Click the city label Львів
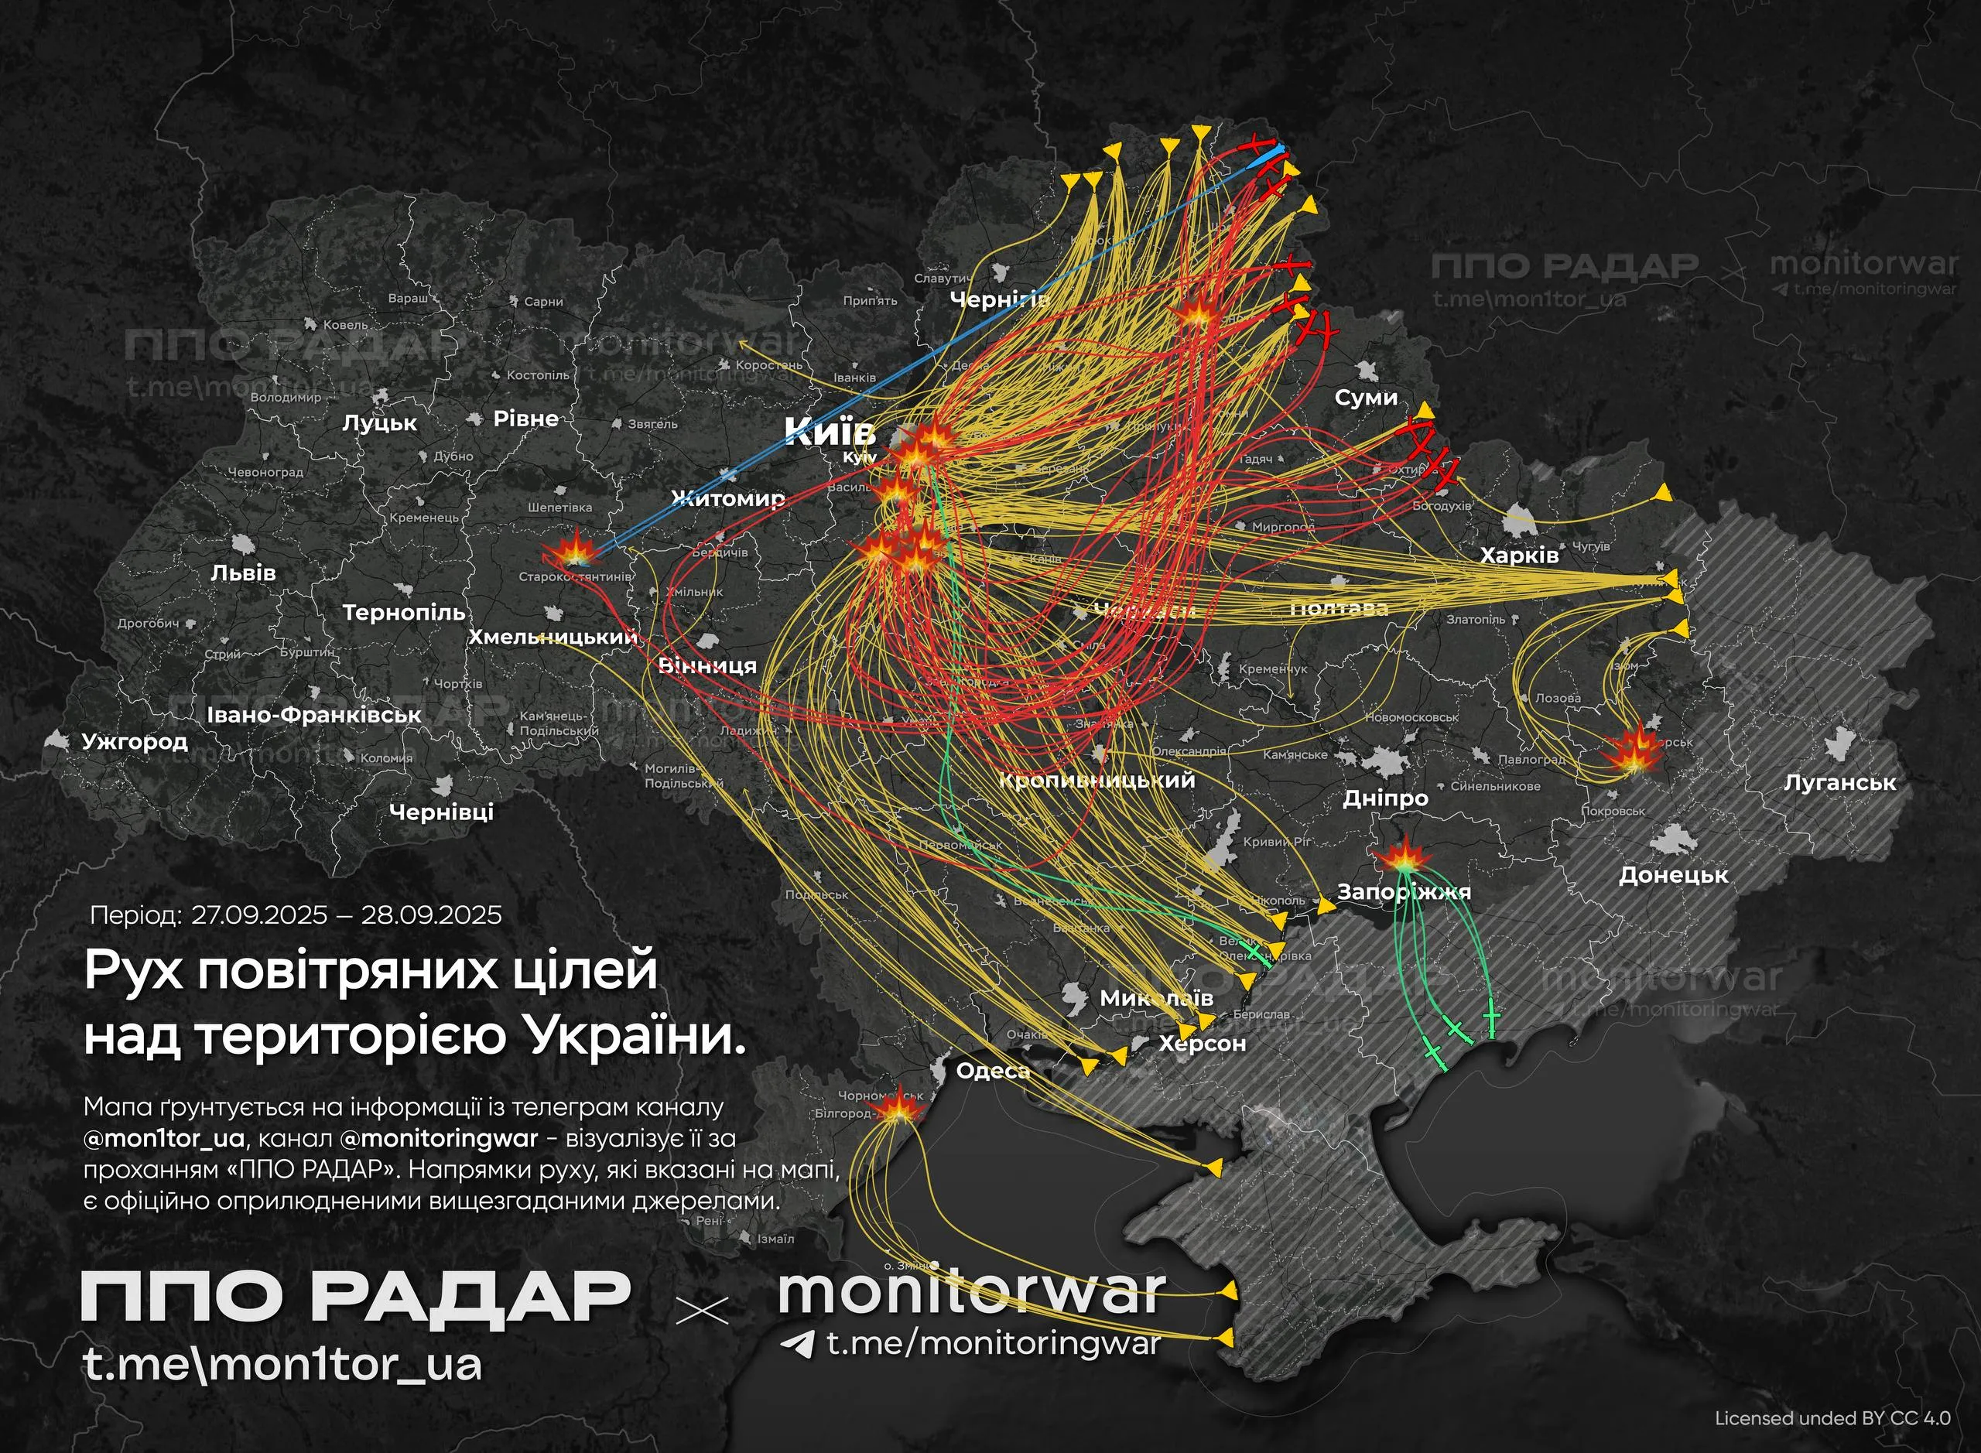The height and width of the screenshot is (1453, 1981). coord(244,573)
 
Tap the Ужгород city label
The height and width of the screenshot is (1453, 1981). coord(135,741)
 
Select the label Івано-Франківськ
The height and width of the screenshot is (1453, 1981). coord(314,715)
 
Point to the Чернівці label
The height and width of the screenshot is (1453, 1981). coord(442,812)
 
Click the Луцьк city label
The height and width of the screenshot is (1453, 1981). coord(379,423)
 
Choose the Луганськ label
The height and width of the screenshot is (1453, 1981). coord(1839,783)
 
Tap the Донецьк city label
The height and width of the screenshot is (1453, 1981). coord(1673,875)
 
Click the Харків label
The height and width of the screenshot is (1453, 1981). coord(1519,556)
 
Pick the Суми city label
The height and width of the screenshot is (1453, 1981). coord(1366,398)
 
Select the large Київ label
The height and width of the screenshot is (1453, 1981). coord(830,432)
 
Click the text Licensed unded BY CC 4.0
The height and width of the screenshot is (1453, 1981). coord(1832,1418)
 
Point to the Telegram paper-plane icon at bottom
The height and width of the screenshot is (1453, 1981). coord(798,1344)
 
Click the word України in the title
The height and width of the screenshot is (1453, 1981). coord(633,1037)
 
